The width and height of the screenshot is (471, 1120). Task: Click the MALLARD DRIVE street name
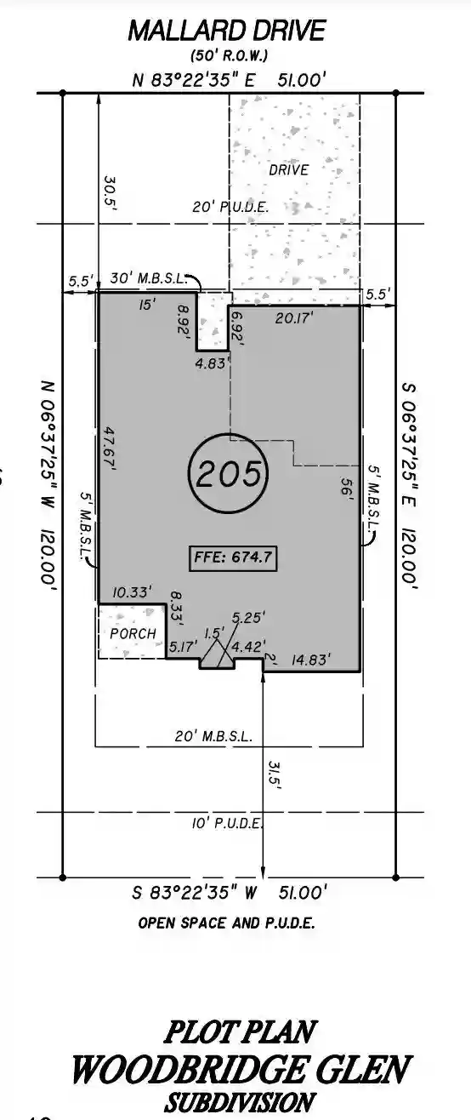227,31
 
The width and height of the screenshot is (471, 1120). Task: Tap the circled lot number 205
229,473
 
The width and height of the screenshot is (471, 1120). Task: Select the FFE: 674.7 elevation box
233,558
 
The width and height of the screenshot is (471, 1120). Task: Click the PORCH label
133,633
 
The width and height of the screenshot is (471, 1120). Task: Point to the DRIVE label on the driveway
289,170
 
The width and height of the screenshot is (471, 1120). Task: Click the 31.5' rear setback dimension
275,775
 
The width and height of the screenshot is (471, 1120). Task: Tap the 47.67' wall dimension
110,449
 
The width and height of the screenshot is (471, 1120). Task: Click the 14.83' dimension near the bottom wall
310,660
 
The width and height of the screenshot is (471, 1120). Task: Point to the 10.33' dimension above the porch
132,592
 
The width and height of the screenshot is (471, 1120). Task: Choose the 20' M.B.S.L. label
213,736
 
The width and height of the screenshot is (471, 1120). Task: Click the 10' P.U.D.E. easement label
227,823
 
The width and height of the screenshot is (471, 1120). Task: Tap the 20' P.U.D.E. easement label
230,207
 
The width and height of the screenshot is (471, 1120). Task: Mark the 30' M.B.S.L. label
148,278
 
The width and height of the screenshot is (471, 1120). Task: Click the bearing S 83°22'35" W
195,893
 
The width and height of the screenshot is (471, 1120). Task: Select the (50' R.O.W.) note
229,55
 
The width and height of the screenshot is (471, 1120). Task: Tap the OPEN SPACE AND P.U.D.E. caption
226,923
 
